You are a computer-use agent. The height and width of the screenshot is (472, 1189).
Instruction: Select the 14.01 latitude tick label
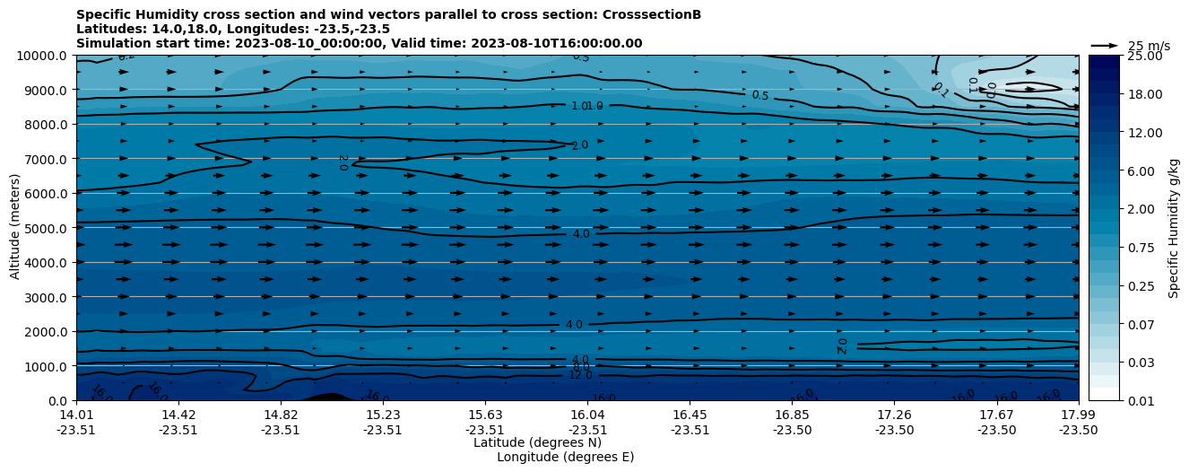click(x=76, y=415)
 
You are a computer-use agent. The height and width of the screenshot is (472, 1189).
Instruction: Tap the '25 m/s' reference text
click(x=1149, y=46)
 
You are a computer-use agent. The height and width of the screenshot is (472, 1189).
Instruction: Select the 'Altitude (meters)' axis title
click(x=15, y=228)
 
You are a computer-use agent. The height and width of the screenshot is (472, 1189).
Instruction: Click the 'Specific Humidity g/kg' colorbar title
click(x=1174, y=228)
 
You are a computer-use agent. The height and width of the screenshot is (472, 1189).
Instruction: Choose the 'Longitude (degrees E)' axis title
click(x=565, y=457)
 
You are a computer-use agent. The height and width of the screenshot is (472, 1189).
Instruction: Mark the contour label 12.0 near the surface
click(x=580, y=375)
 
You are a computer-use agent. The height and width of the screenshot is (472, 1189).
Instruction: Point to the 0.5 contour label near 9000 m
click(x=759, y=95)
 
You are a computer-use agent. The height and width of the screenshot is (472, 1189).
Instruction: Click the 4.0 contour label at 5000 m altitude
click(x=580, y=234)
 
